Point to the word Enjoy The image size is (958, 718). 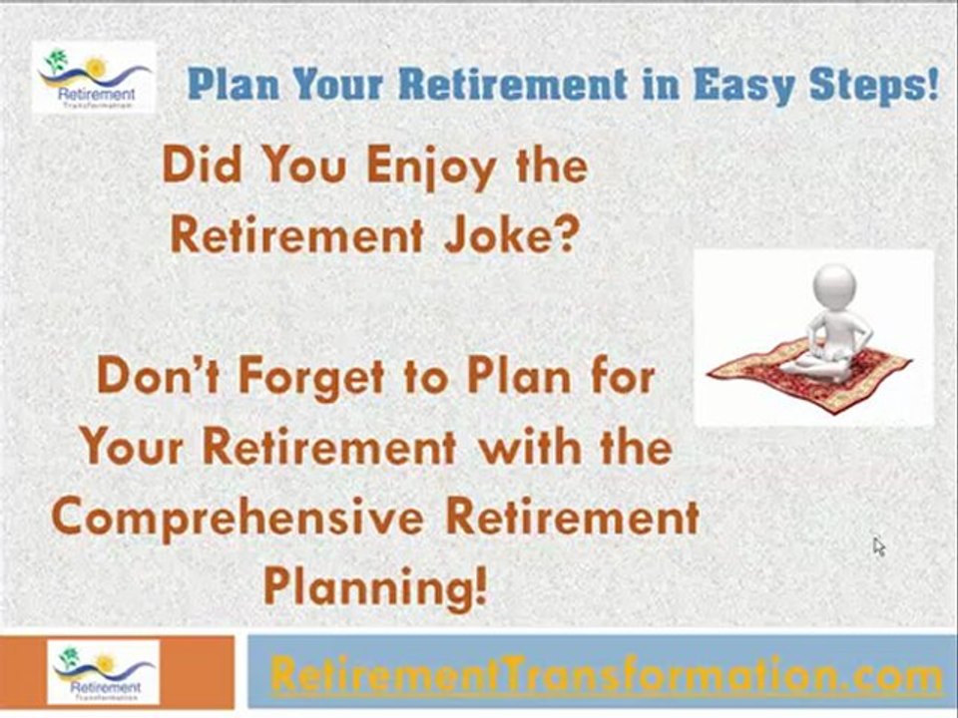[429, 168]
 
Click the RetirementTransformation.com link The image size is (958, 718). [606, 675]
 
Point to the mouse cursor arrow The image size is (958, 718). [878, 545]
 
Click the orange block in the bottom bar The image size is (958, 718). [20, 670]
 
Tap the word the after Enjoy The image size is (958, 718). [551, 166]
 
